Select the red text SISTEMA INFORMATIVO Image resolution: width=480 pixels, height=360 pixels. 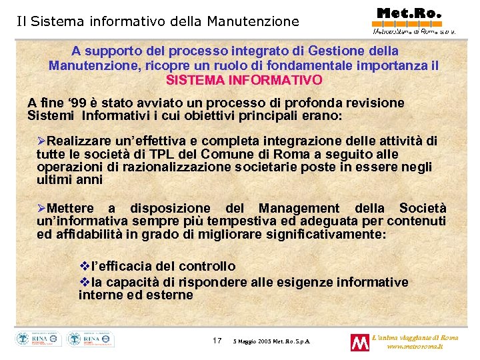pos(244,80)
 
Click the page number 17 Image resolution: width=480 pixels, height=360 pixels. pos(217,341)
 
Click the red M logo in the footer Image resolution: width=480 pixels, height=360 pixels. pos(360,343)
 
